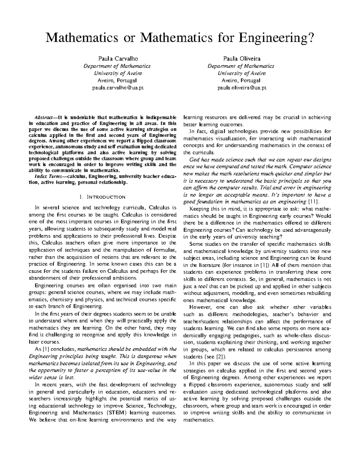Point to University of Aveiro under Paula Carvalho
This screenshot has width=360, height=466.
tap(117, 73)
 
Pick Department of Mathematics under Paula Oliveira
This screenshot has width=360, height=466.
tap(241, 66)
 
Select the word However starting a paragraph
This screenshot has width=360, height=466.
tap(200, 307)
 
